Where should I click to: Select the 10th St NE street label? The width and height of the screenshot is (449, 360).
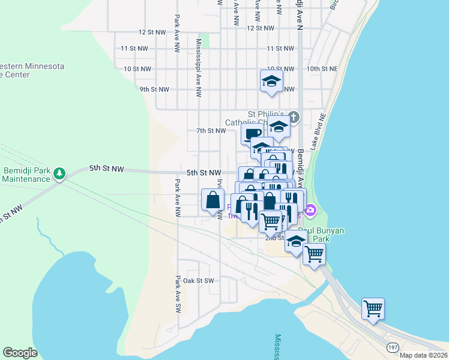(x=322, y=69)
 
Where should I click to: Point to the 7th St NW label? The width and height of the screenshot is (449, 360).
(x=211, y=130)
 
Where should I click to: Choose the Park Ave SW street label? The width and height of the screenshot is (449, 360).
(x=178, y=291)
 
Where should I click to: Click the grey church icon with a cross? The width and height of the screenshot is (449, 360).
(x=294, y=116)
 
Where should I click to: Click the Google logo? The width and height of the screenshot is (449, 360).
(x=20, y=353)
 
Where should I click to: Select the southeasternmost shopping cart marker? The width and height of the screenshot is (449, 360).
(x=373, y=308)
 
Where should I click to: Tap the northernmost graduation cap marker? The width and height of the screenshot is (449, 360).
(x=271, y=81)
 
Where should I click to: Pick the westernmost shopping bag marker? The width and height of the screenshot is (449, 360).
(x=212, y=200)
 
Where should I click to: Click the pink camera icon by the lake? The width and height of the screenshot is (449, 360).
(x=310, y=210)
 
